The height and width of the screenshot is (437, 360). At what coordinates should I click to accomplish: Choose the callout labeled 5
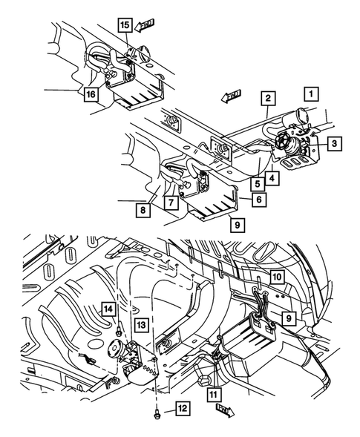[255, 184]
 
